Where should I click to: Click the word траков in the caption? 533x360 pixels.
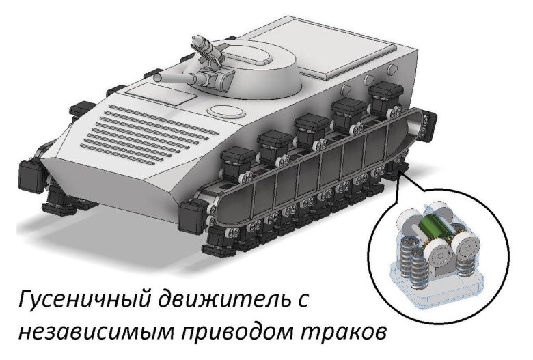[x=343, y=332]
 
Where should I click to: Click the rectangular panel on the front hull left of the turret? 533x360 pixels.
[x=162, y=94]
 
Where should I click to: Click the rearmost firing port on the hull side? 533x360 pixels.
[x=392, y=68]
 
